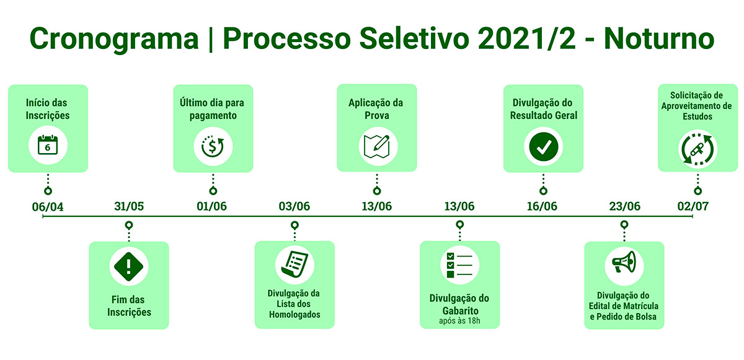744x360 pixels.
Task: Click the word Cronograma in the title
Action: [114, 39]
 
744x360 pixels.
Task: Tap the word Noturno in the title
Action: [659, 38]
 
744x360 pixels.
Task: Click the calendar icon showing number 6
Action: [48, 145]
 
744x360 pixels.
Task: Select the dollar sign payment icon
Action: [213, 146]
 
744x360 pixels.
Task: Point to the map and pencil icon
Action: [377, 146]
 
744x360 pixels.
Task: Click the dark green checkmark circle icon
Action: [543, 147]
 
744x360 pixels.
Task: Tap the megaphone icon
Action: [624, 261]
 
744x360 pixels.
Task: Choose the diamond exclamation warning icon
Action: [128, 266]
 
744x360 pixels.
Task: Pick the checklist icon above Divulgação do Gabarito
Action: [459, 265]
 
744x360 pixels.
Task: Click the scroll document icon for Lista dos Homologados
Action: [294, 264]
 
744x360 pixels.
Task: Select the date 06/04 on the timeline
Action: [48, 207]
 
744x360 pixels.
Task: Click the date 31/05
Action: [129, 206]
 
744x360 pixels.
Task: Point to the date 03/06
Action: [294, 206]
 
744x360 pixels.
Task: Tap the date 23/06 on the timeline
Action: [624, 206]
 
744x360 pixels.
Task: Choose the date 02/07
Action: [693, 206]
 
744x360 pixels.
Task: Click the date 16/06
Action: [542, 206]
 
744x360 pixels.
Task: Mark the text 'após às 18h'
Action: [459, 321]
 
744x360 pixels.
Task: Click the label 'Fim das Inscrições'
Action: [129, 305]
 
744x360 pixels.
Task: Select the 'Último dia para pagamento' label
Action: [212, 109]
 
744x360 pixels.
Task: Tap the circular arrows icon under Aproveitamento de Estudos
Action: [698, 149]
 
